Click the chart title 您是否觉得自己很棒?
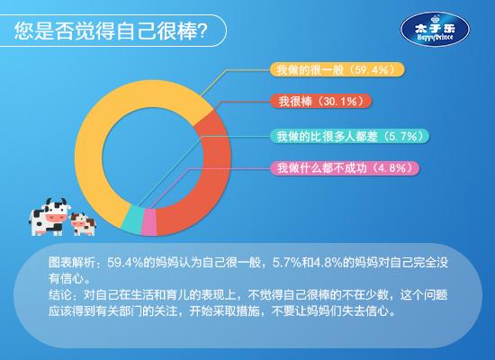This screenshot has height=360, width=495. pyautogui.click(x=111, y=31)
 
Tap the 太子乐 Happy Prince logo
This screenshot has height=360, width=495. pyautogui.click(x=435, y=30)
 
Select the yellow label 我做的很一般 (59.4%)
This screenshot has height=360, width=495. pyautogui.click(x=337, y=69)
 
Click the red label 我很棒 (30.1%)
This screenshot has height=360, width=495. pyautogui.click(x=320, y=102)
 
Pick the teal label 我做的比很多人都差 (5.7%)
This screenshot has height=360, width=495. pyautogui.click(x=349, y=136)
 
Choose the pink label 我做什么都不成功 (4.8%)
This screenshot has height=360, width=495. pyautogui.click(x=345, y=167)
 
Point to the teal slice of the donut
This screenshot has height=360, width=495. pyautogui.click(x=132, y=220)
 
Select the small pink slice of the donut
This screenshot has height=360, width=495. pyautogui.click(x=149, y=222)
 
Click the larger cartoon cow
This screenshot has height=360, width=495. pyautogui.click(x=49, y=217)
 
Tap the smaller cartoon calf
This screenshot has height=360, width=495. pyautogui.click(x=83, y=224)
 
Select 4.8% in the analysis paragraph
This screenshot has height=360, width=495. pyautogui.click(x=328, y=263)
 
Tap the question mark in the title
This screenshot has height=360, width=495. pyautogui.click(x=202, y=31)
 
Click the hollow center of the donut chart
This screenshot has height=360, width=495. pyautogui.click(x=153, y=157)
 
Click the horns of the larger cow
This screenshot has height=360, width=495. pyautogui.click(x=57, y=202)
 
